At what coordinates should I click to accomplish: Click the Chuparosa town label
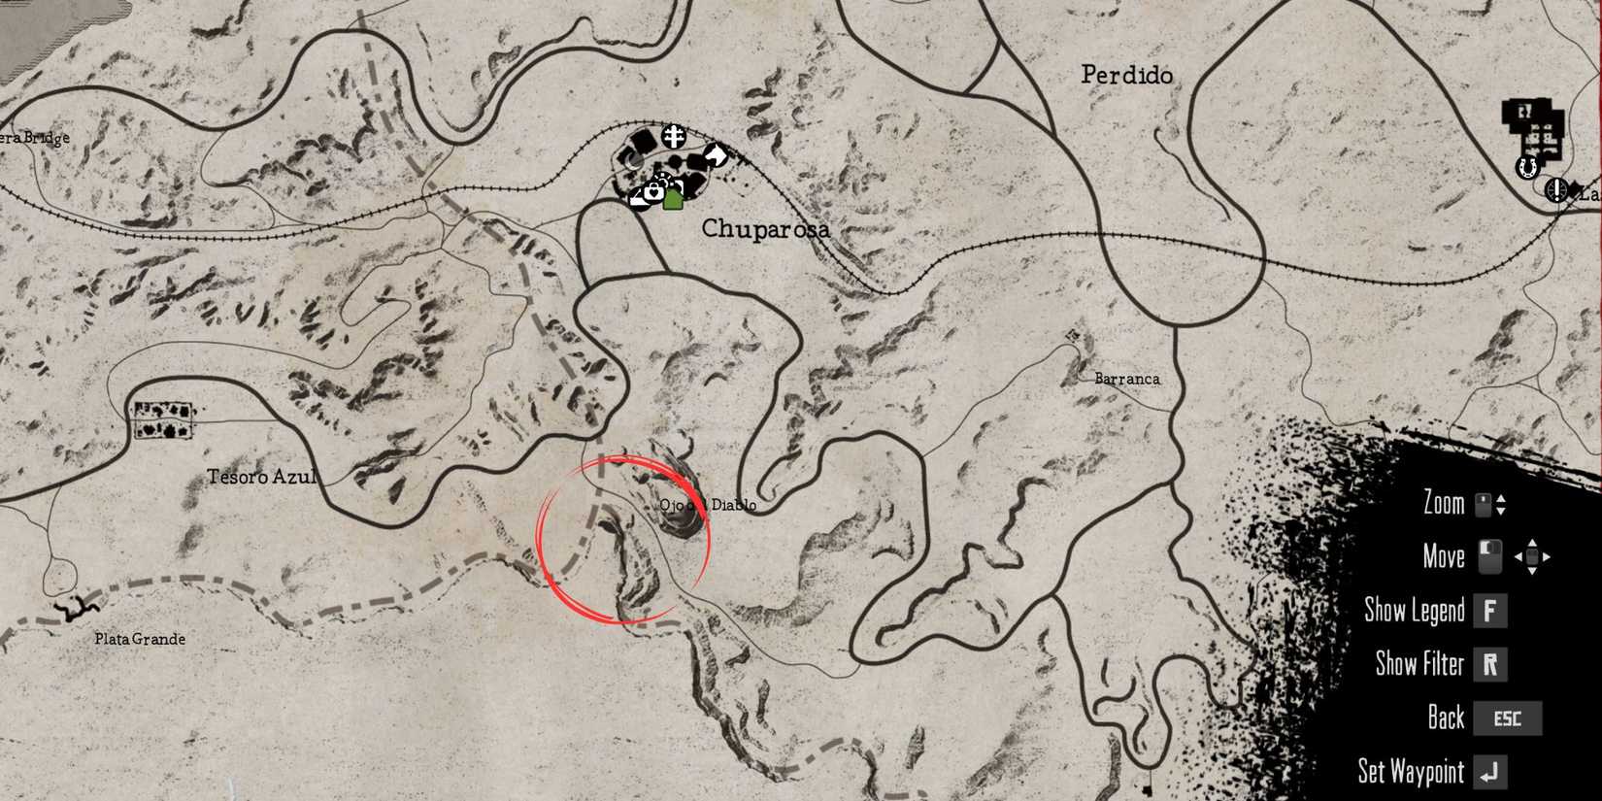click(765, 229)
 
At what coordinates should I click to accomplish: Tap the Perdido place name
click(1126, 75)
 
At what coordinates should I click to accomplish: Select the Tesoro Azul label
click(261, 477)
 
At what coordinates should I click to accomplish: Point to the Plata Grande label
click(140, 639)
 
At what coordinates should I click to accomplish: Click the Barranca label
click(1126, 379)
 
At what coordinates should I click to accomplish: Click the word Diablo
click(733, 505)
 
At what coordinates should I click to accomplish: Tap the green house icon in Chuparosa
click(673, 199)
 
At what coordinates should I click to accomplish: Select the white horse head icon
click(716, 154)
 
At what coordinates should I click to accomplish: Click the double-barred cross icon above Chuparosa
click(674, 136)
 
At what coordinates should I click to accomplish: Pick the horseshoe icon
click(1527, 167)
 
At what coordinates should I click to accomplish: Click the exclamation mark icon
click(1557, 189)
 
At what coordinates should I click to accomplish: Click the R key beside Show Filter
click(1489, 664)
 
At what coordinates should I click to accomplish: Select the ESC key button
click(1507, 718)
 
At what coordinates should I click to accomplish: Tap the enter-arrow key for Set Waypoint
click(1489, 772)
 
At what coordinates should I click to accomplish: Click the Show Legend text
click(1414, 610)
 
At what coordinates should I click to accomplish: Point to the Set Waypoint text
click(1410, 772)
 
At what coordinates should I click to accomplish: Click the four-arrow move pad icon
click(1532, 557)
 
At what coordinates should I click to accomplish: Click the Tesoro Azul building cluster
click(163, 420)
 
